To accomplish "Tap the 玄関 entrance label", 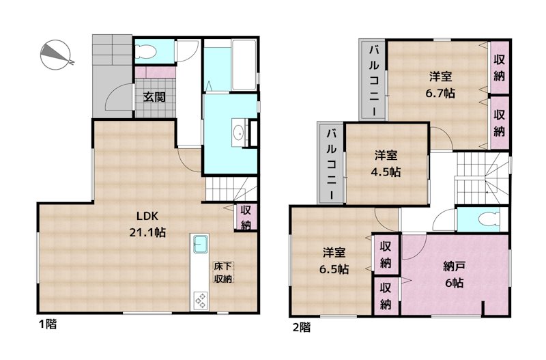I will pyautogui.click(x=154, y=96).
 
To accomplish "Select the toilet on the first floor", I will pyautogui.click(x=145, y=51).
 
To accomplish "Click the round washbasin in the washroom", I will pyautogui.click(x=239, y=133).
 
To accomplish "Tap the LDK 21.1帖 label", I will pyautogui.click(x=147, y=225).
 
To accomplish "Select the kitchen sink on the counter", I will pyautogui.click(x=200, y=243).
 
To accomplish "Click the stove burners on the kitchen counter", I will pyautogui.click(x=201, y=299).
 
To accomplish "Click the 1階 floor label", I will pyautogui.click(x=47, y=325).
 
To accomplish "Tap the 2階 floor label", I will pyautogui.click(x=301, y=327).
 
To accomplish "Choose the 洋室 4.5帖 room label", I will pyautogui.click(x=386, y=162).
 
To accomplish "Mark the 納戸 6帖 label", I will pyautogui.click(x=453, y=273).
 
